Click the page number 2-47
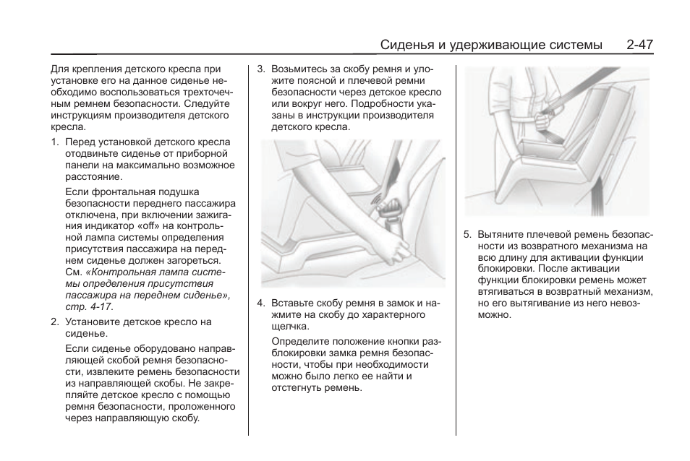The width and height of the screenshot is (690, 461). (640, 45)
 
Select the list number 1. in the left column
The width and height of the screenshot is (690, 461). (55, 142)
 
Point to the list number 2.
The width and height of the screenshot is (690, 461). (55, 322)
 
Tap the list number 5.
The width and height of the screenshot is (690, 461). (468, 235)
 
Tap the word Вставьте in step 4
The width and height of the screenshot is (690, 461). (293, 303)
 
